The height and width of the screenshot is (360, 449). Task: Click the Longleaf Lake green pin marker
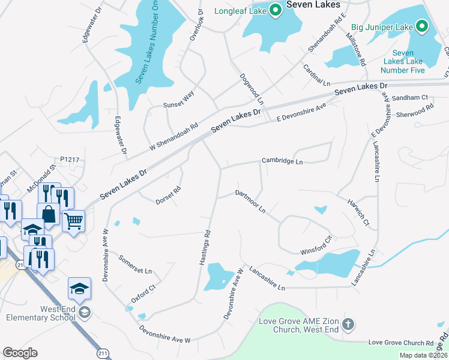coord(276,10)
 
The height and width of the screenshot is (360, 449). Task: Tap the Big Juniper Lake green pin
coord(422,26)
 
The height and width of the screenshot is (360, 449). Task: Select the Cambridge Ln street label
coord(282,161)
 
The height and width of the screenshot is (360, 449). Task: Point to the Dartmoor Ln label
coord(250,202)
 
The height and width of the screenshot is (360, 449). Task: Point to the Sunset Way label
coord(179,100)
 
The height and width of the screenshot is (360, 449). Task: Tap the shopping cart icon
coord(73,221)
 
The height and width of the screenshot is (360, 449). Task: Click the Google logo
coord(20,353)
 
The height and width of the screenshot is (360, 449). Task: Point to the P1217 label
coord(70,160)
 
